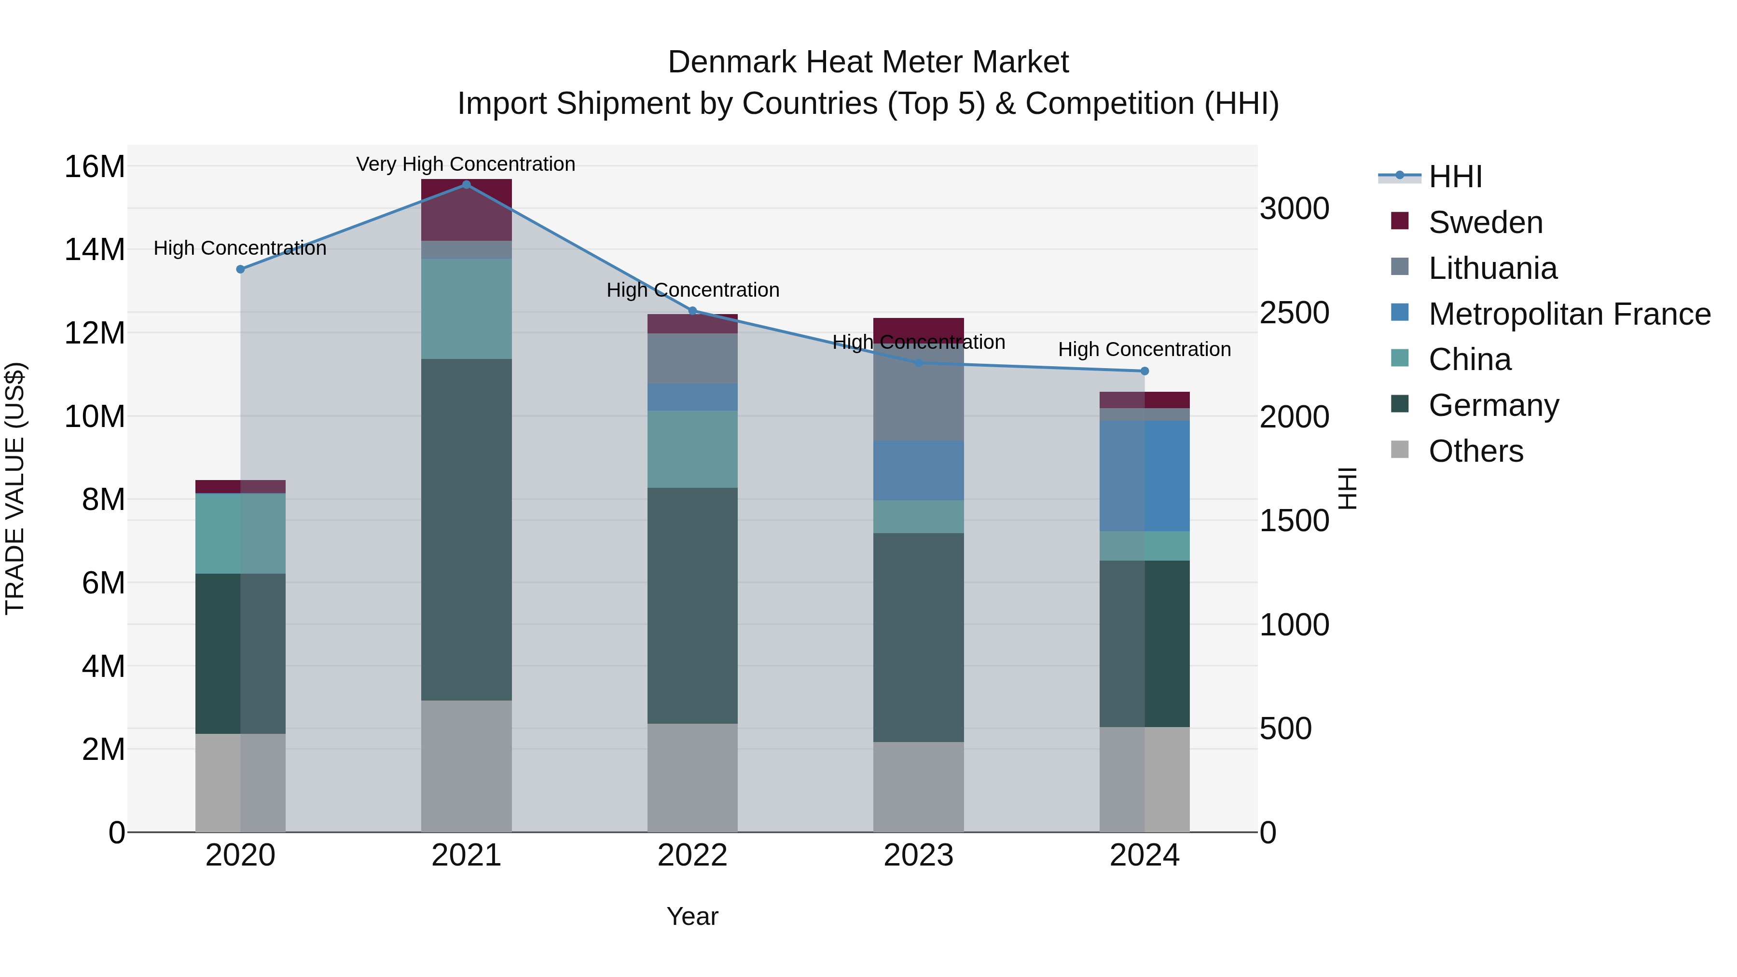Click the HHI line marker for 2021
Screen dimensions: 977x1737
[466, 185]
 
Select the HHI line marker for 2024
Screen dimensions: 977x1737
[1144, 371]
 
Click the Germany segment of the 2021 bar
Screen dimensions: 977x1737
[466, 529]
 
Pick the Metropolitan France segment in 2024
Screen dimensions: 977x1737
[1144, 476]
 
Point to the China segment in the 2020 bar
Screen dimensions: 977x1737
[240, 533]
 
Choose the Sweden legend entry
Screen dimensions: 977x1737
[1485, 222]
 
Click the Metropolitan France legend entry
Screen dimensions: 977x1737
[1569, 314]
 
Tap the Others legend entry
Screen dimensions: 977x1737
[1475, 451]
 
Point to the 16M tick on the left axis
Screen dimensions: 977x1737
[95, 166]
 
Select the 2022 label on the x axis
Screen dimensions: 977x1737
[692, 855]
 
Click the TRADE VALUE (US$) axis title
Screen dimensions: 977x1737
[15, 488]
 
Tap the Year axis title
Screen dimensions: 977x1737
[692, 916]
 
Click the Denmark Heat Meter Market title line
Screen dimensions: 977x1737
[868, 62]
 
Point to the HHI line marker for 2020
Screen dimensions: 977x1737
[240, 269]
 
